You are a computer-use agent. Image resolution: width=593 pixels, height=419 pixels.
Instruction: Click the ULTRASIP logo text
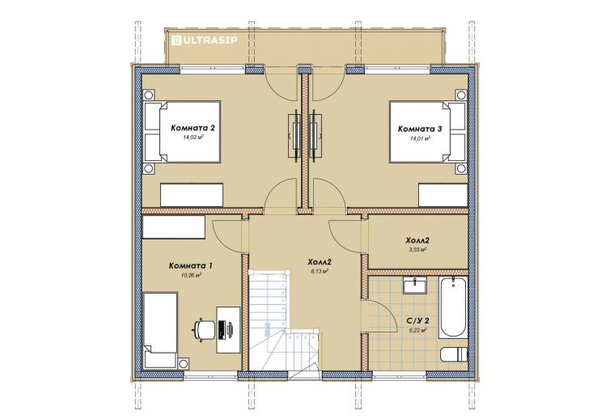pos(210,40)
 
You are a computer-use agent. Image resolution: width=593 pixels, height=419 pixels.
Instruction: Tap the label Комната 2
pos(193,128)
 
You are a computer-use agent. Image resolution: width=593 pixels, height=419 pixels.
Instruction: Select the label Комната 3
pos(420,129)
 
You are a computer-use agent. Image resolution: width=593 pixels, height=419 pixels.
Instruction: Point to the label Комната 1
pos(191,266)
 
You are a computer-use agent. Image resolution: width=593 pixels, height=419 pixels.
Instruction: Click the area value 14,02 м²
pos(193,138)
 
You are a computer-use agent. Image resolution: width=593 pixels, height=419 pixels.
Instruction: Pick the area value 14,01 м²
pos(420,139)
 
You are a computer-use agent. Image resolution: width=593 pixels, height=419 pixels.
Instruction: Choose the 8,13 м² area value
pos(318,271)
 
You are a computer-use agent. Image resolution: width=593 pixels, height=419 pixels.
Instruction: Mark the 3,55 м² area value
pos(417,250)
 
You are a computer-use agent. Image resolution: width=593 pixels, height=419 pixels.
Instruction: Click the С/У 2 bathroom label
pos(417,321)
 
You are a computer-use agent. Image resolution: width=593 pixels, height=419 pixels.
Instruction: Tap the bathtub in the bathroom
pos(453,307)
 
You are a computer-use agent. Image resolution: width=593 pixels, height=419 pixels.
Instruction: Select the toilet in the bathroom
pos(454,355)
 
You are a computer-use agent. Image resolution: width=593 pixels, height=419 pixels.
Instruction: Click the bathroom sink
pos(414,285)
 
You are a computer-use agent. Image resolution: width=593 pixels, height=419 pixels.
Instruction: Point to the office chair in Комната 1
pos(204,328)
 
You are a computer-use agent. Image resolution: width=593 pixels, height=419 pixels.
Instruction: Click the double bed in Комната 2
pos(182,132)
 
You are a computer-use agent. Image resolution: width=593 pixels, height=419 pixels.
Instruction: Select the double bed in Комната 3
pos(428,132)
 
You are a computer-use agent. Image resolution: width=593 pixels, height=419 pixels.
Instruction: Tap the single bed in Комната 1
pos(160,330)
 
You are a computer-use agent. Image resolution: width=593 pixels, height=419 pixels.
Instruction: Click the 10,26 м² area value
pos(191,276)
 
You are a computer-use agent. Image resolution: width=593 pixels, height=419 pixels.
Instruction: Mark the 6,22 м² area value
pos(417,330)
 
